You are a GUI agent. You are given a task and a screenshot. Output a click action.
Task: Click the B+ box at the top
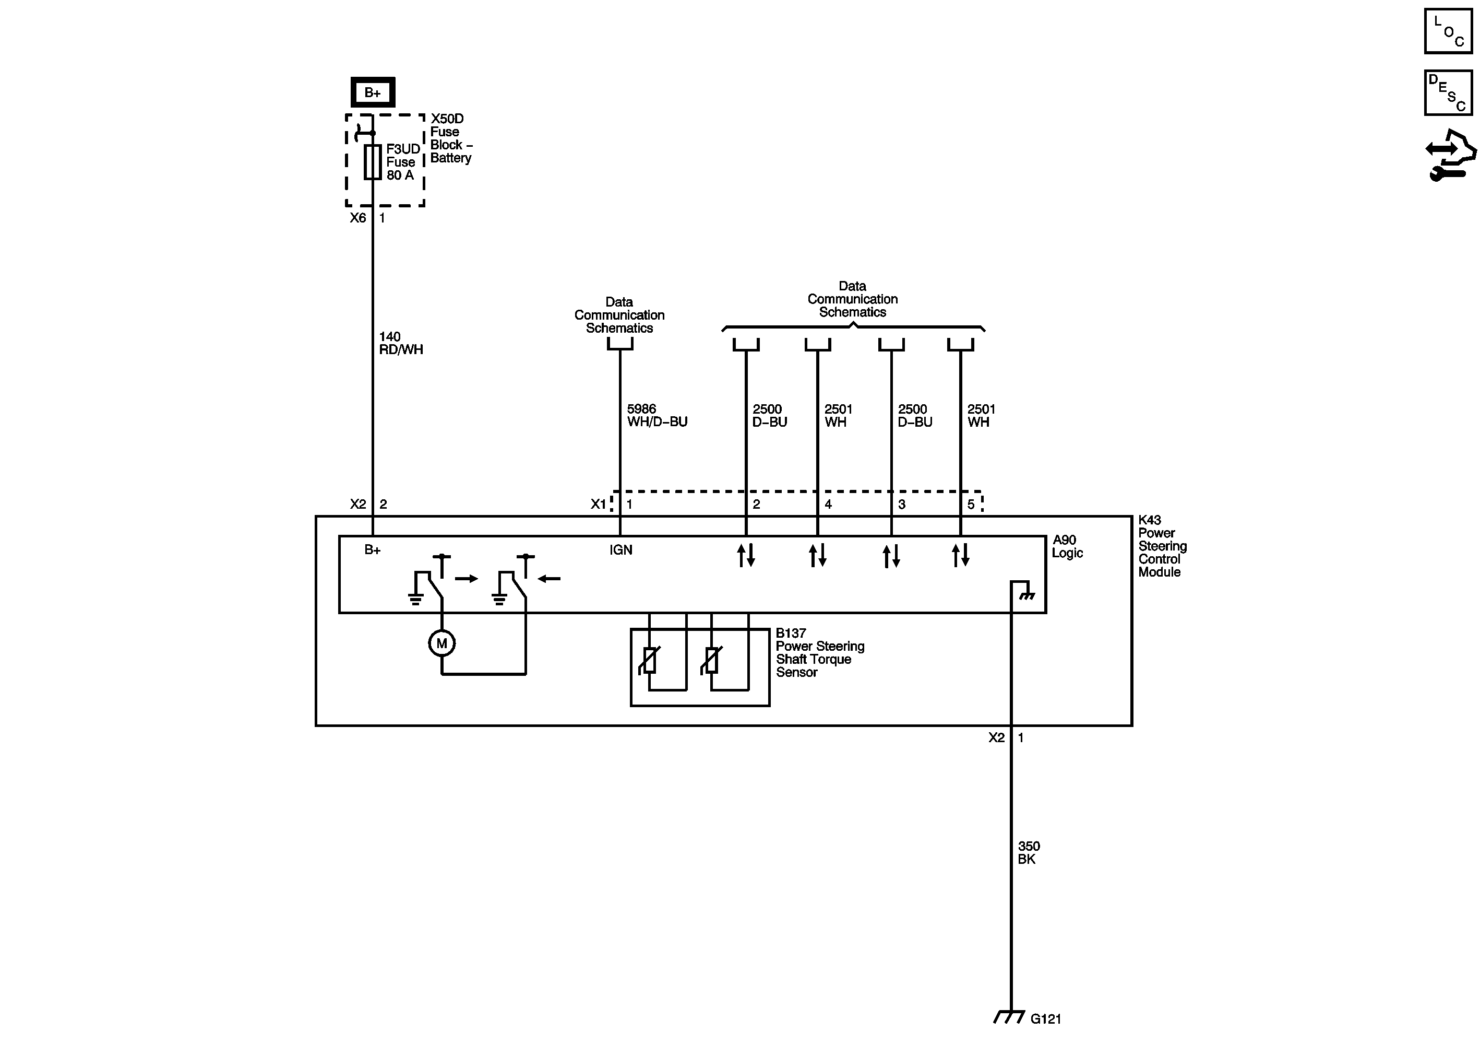(x=373, y=92)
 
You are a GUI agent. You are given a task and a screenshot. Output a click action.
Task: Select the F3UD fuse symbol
(x=373, y=162)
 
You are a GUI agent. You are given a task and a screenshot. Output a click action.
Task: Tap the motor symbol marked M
(x=441, y=643)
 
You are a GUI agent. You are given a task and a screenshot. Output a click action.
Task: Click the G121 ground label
(x=1045, y=1019)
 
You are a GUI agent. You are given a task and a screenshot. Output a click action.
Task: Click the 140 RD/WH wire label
(x=400, y=343)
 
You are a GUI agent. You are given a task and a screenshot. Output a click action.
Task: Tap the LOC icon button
(x=1448, y=30)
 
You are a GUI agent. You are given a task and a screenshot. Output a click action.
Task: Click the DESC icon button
(x=1448, y=93)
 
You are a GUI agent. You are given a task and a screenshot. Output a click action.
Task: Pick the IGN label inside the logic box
(x=620, y=550)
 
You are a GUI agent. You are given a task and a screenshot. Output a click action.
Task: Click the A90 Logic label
(x=1067, y=546)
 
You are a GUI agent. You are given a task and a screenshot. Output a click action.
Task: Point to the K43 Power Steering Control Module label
(x=1162, y=546)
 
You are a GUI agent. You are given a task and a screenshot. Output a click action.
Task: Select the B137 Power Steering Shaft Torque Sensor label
(x=819, y=653)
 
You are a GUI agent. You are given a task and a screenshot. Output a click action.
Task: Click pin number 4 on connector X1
(x=828, y=505)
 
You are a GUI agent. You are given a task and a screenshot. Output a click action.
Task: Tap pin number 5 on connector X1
(x=971, y=505)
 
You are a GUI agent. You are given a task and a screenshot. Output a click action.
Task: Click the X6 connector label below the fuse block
(x=358, y=218)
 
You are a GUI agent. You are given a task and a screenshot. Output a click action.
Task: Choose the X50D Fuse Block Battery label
(x=450, y=138)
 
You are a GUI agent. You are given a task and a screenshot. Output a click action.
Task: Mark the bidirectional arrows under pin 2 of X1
(x=746, y=555)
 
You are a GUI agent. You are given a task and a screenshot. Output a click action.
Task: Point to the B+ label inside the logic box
(x=373, y=550)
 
